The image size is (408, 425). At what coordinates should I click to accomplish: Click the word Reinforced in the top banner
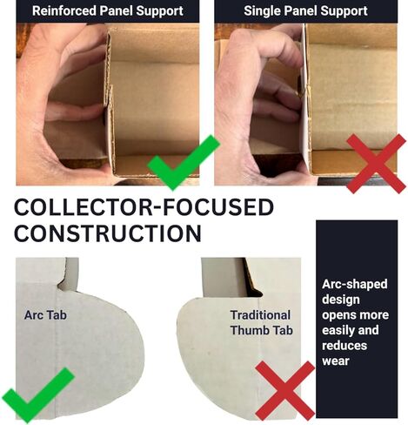(64, 10)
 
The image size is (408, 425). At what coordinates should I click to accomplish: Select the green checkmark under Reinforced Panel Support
(184, 163)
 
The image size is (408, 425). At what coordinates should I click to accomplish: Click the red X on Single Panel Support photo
(376, 164)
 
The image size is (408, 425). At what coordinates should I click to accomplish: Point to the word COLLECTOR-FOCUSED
(144, 207)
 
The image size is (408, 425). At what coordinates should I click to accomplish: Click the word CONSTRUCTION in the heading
(108, 233)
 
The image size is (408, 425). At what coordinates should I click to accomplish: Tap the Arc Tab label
(45, 315)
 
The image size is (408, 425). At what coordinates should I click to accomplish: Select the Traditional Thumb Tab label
(261, 323)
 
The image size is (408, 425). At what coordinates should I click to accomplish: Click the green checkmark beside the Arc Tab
(38, 395)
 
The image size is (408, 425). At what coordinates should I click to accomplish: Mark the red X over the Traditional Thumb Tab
(284, 390)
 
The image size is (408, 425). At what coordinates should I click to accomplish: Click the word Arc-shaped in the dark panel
(355, 285)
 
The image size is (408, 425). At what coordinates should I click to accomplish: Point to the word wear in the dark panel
(336, 361)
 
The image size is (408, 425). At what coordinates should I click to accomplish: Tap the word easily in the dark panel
(338, 330)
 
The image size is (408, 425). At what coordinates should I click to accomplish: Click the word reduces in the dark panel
(344, 346)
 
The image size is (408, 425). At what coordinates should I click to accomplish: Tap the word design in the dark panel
(341, 300)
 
